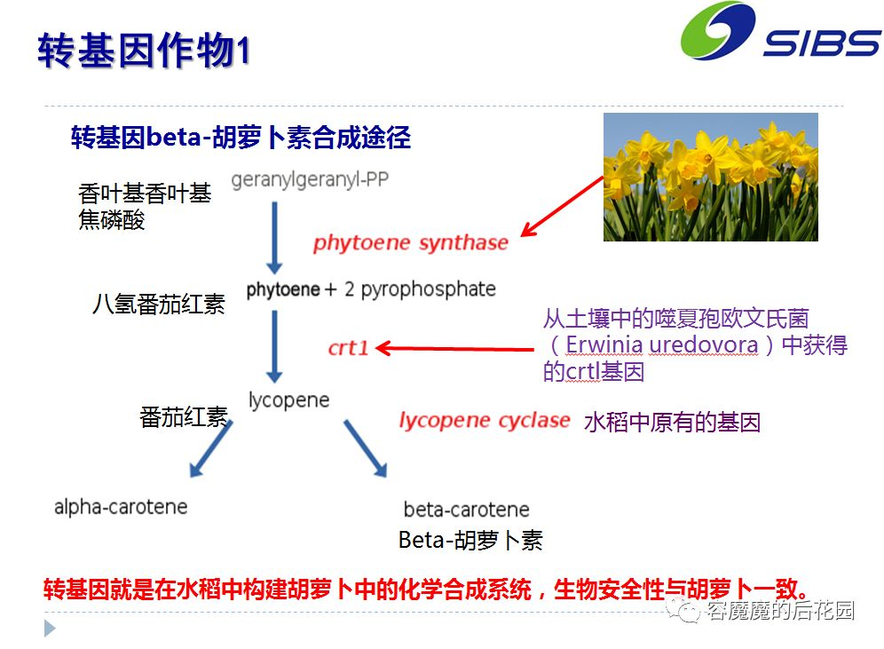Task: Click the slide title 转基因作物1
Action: (x=144, y=51)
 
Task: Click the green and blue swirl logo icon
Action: (x=718, y=30)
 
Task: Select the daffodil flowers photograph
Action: (x=710, y=177)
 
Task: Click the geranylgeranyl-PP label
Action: (x=310, y=180)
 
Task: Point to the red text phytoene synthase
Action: (x=410, y=242)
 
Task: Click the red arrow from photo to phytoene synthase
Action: (x=562, y=207)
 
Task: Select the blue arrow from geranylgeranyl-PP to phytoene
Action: (x=274, y=237)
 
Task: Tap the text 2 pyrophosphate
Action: (x=420, y=289)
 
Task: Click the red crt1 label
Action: (x=348, y=348)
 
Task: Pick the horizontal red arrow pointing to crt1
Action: (x=454, y=348)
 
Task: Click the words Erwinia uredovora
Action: (x=662, y=344)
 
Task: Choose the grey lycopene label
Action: (x=288, y=400)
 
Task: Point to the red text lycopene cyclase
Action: (x=485, y=420)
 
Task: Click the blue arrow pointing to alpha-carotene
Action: (x=211, y=449)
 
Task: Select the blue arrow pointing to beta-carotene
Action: (x=366, y=448)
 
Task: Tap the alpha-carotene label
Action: (x=121, y=507)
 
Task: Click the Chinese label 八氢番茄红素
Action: (x=159, y=304)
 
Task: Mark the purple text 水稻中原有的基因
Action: (x=672, y=423)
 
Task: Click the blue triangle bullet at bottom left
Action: (x=50, y=629)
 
